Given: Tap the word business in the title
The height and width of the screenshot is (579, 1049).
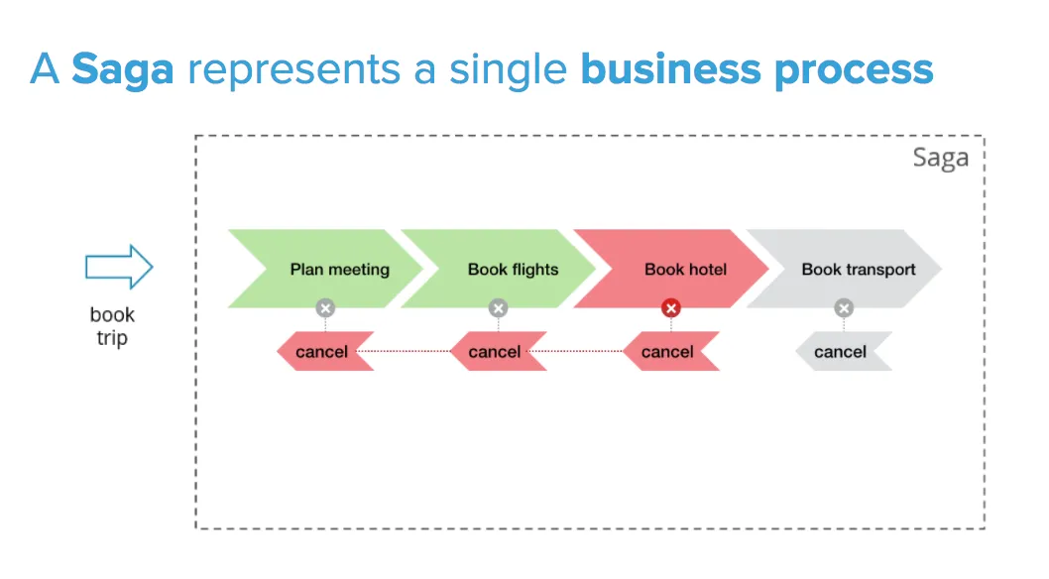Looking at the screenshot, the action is (670, 68).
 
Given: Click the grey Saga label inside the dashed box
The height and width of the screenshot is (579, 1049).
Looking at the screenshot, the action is (941, 159).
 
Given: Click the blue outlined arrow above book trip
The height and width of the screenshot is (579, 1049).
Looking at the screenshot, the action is (119, 267).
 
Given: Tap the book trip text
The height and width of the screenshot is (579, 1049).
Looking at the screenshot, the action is (112, 326).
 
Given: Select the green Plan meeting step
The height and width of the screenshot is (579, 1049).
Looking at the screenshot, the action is (326, 269).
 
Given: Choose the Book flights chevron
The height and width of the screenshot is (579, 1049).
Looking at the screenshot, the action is (499, 269).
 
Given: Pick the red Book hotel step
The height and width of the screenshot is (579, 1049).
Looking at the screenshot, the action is (671, 269).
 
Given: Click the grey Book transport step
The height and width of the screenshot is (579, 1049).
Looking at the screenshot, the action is (844, 269).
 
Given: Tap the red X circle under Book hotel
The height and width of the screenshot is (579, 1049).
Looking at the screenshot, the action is (671, 308).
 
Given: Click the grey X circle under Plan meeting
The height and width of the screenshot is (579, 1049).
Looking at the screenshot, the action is (326, 308).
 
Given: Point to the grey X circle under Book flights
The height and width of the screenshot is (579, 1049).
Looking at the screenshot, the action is (498, 308).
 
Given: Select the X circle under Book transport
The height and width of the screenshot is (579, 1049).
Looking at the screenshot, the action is (844, 308).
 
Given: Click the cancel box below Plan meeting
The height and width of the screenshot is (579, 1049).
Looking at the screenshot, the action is (325, 351).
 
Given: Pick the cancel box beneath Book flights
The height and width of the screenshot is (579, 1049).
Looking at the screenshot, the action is (498, 351).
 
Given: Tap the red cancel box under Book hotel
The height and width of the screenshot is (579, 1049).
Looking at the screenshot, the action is (671, 351).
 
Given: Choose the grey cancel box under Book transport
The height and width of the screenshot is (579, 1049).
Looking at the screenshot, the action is (844, 351).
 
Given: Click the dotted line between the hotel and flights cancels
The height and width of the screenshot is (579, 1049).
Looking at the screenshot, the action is (577, 351).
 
